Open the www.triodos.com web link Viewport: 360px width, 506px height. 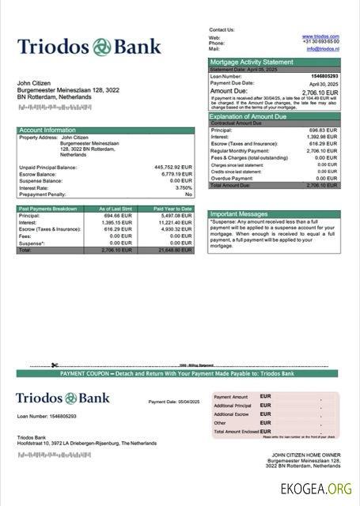point(320,36)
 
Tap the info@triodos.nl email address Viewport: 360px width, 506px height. point(323,48)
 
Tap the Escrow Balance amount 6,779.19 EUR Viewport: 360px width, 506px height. point(176,174)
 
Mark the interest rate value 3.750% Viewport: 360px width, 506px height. point(184,187)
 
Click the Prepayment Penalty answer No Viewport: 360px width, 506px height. point(188,194)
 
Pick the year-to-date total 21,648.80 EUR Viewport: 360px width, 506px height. point(175,249)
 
